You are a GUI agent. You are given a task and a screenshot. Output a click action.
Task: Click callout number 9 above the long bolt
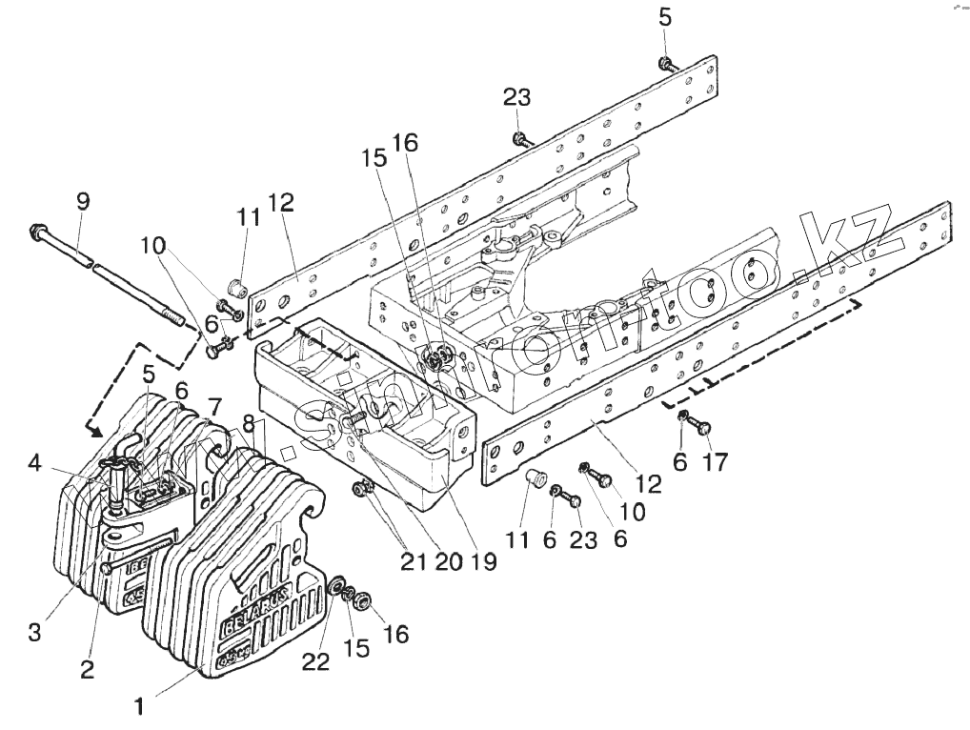click(x=83, y=201)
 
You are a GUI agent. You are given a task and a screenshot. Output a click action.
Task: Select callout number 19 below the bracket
click(x=484, y=561)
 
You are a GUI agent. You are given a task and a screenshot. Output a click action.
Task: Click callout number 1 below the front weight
click(x=139, y=707)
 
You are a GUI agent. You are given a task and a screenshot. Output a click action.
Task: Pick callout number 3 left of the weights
click(x=34, y=632)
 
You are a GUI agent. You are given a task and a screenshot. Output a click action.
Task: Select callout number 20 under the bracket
click(x=447, y=561)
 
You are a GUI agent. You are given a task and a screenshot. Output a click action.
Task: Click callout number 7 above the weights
click(x=216, y=406)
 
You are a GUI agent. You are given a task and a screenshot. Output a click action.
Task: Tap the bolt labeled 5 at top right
click(x=665, y=65)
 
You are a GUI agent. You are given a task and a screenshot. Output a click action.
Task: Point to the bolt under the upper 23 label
click(x=519, y=140)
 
